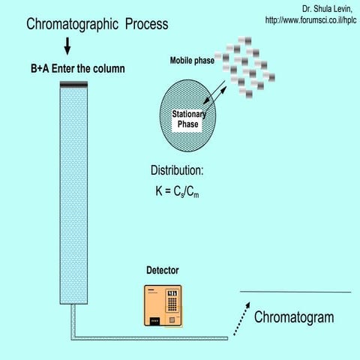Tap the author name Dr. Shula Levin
pos(329,8)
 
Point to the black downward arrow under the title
pos(67,46)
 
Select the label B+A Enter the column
pos(73,70)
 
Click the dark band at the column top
pos(74,85)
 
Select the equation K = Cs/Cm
pos(177,192)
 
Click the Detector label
pos(162,270)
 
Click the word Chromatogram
pos(294,317)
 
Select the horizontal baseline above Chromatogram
pos(295,291)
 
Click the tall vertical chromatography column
pos(74,195)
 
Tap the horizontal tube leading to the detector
pos(150,337)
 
